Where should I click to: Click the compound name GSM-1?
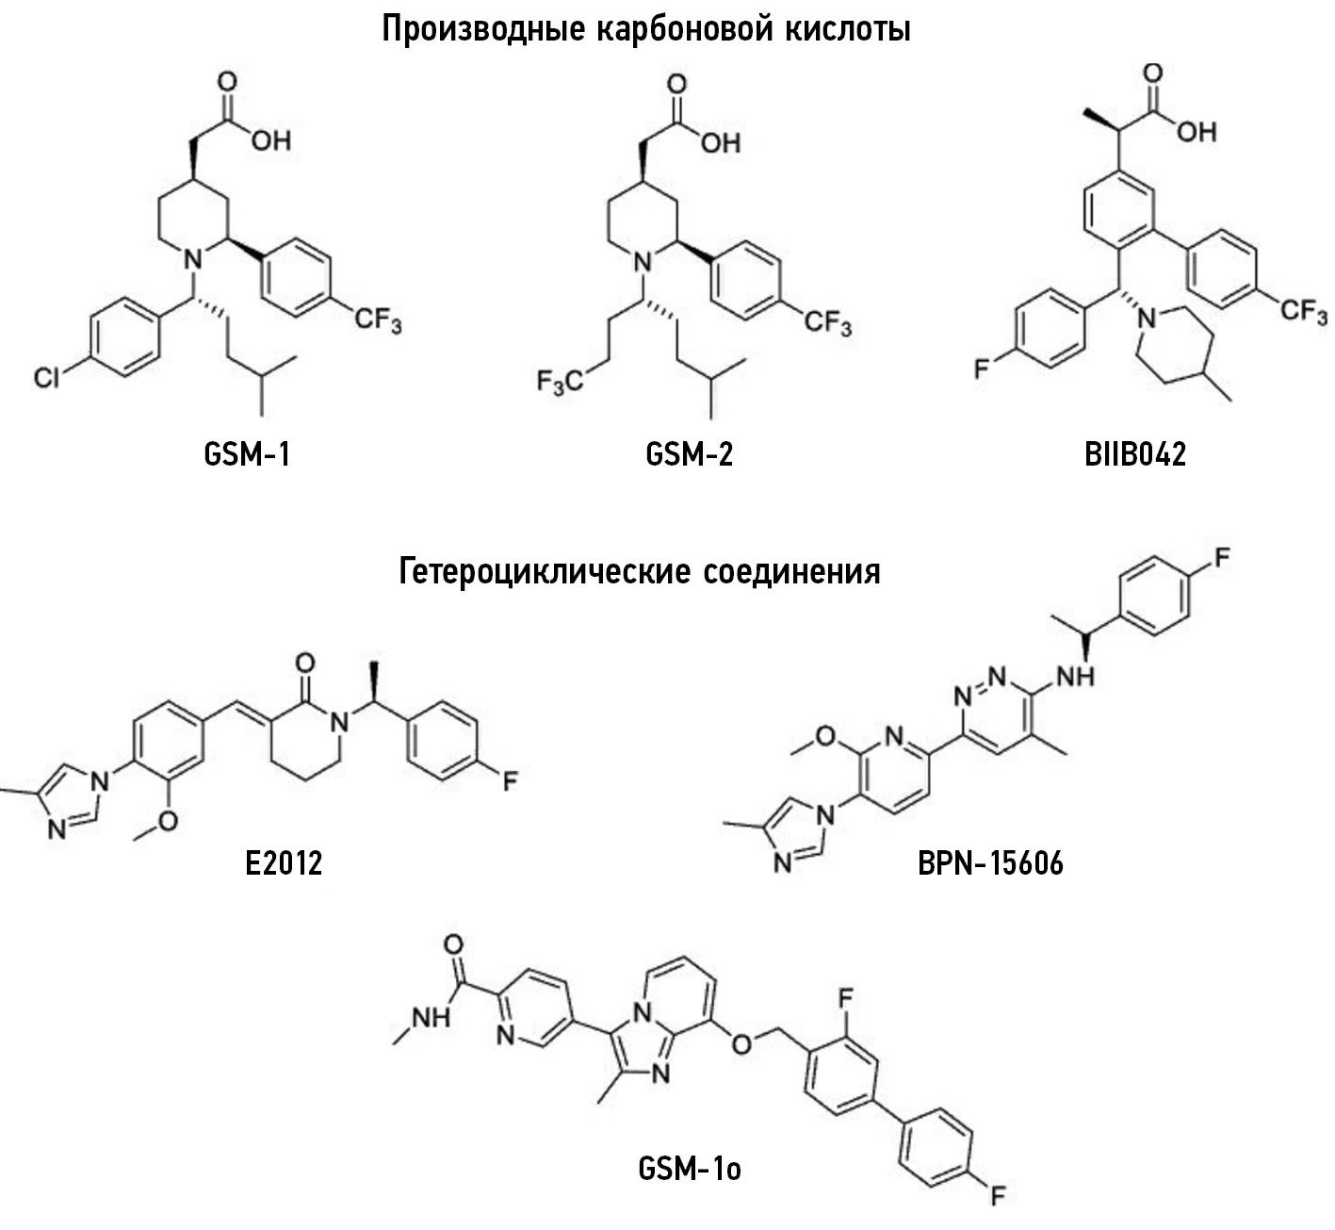pyautogui.click(x=247, y=455)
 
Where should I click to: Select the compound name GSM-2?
pyautogui.click(x=690, y=455)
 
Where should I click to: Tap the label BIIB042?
pyautogui.click(x=1135, y=455)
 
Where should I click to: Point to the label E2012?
pyautogui.click(x=285, y=863)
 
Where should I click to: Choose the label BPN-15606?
pyautogui.click(x=990, y=863)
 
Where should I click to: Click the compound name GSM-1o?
pyautogui.click(x=690, y=1170)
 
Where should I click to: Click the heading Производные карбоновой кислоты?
pyautogui.click(x=646, y=30)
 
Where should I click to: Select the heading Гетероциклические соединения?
pyautogui.click(x=640, y=571)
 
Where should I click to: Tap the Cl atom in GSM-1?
pyautogui.click(x=46, y=378)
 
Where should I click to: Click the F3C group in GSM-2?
pyautogui.click(x=561, y=383)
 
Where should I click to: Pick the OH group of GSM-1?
pyautogui.click(x=270, y=140)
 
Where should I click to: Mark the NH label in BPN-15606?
pyautogui.click(x=1076, y=677)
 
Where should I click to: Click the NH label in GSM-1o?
pyautogui.click(x=431, y=1018)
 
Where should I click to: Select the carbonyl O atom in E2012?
pyautogui.click(x=305, y=663)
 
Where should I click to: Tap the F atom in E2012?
pyautogui.click(x=511, y=781)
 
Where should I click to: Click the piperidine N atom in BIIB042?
pyautogui.click(x=1146, y=319)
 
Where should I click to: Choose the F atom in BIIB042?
pyautogui.click(x=982, y=368)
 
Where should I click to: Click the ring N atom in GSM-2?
pyautogui.click(x=642, y=262)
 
